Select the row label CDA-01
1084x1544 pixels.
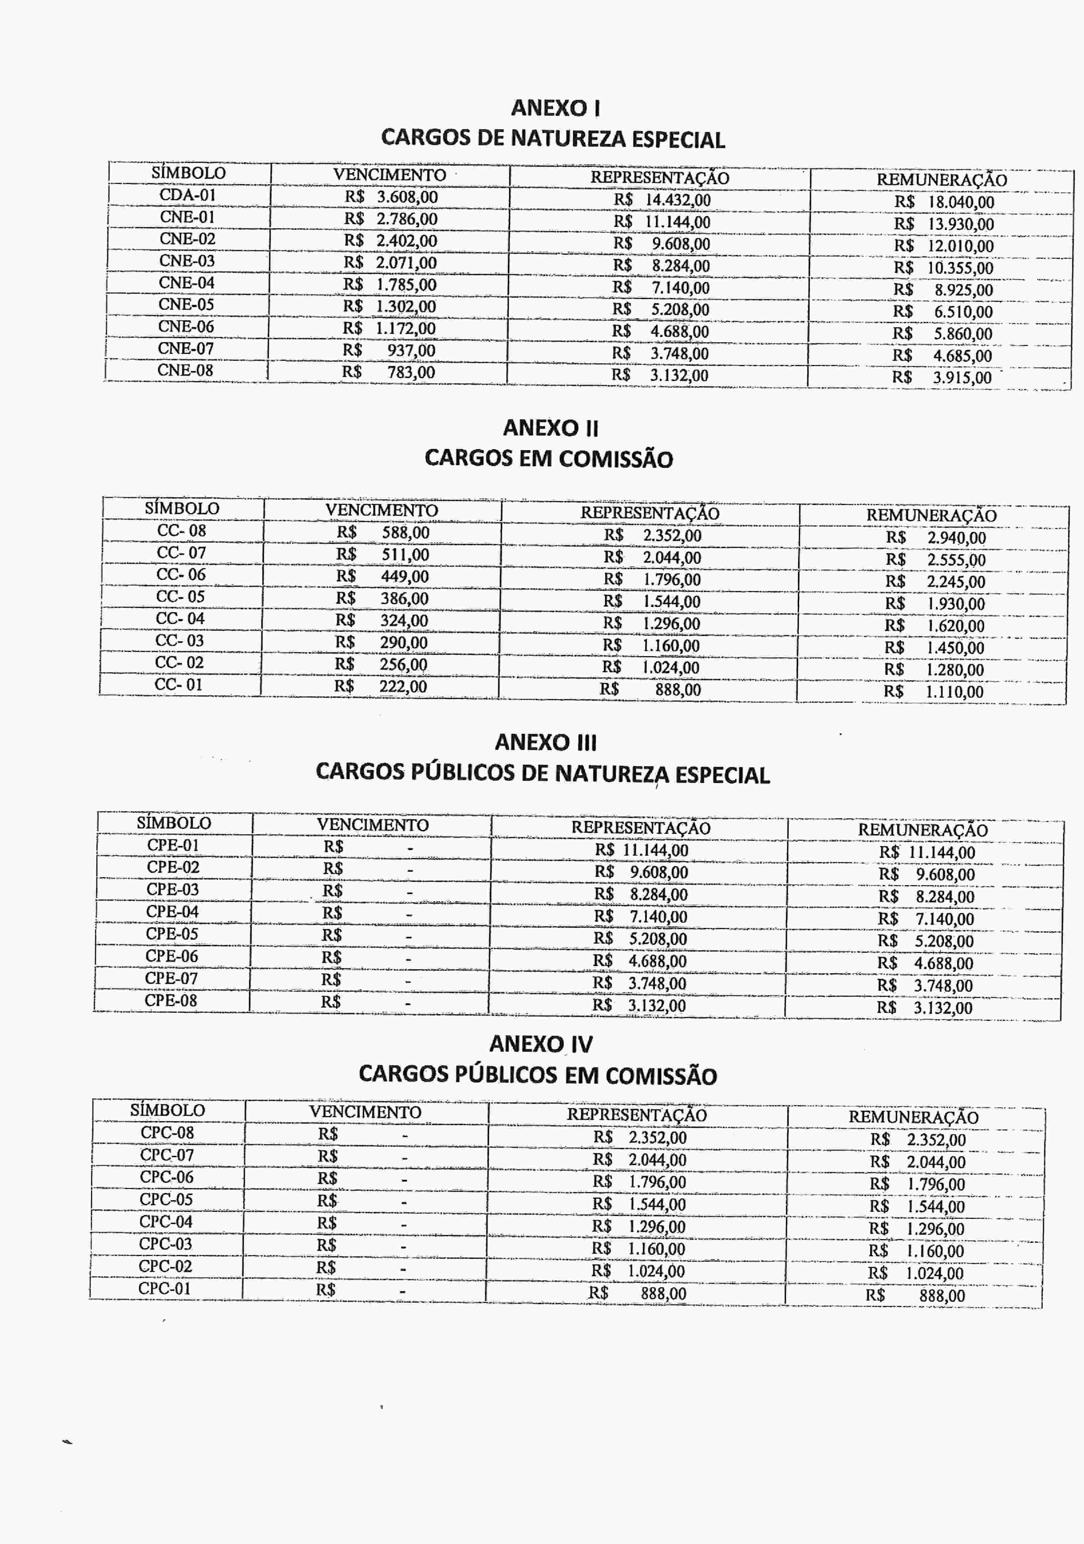(x=188, y=195)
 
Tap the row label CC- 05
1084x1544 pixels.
(x=180, y=596)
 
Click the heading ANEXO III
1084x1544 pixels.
(x=545, y=742)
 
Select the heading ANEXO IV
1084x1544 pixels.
(x=541, y=1044)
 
